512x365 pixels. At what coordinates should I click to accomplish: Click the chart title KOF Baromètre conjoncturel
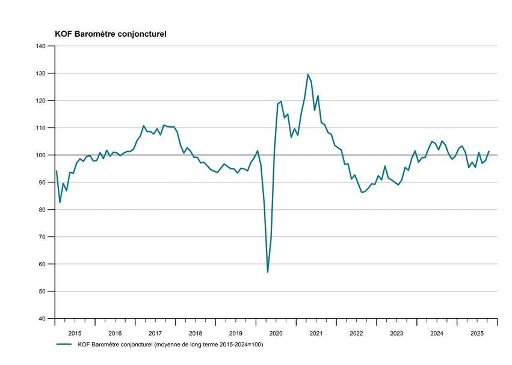pyautogui.click(x=111, y=34)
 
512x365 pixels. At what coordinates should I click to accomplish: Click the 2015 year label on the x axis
pyautogui.click(x=75, y=332)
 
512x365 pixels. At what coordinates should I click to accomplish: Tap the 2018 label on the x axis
pyautogui.click(x=196, y=332)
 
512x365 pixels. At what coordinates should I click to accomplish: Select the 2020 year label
pyautogui.click(x=276, y=332)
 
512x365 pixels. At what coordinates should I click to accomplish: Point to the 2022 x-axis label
pyautogui.click(x=356, y=332)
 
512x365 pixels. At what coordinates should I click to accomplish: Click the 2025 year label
pyautogui.click(x=477, y=332)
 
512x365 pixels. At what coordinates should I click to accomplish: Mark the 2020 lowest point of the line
pyautogui.click(x=268, y=272)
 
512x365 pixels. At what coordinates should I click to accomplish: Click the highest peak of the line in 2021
pyautogui.click(x=308, y=75)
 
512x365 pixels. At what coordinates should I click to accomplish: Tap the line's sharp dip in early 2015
pyautogui.click(x=60, y=202)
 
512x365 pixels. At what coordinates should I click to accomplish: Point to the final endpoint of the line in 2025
pyautogui.click(x=489, y=151)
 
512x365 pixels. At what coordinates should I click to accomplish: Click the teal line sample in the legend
pyautogui.click(x=64, y=345)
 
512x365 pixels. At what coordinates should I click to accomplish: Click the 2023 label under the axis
pyautogui.click(x=396, y=332)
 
